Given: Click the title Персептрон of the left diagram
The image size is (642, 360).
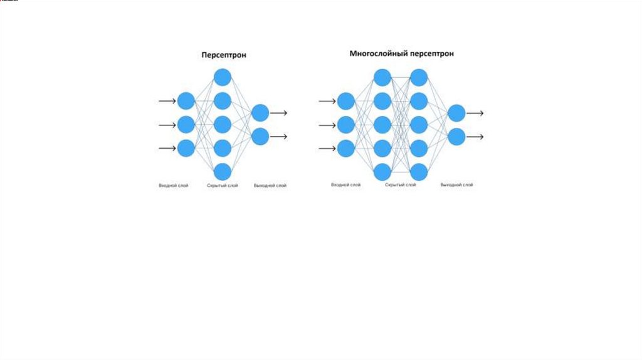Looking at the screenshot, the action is pos(224,55).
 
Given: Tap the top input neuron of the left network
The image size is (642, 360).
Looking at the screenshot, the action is pos(186,101).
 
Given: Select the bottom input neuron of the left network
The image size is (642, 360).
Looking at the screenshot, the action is pos(186,148).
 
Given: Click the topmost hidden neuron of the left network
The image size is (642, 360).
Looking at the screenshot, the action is pos(223,77).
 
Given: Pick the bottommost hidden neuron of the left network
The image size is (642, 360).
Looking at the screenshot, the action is pos(223,171).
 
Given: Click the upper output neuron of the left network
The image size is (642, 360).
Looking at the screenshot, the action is pos(260,113).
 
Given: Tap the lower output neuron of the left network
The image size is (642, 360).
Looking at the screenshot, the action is pos(260,136).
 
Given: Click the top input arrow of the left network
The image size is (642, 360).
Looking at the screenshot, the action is pos(167,101).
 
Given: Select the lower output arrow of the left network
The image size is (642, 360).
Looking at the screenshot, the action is pos(279,136).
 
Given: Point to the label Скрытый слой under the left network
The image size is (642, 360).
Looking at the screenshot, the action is pos(223,186).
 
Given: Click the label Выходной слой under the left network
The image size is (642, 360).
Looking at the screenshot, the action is pos(270,186).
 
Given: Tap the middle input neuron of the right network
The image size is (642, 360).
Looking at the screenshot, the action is pos(346,125).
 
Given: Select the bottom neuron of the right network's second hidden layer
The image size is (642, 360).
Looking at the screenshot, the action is pos(419,171).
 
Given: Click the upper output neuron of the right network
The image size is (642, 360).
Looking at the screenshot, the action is pos(456,113).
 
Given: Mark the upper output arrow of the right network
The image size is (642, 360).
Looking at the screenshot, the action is pos(475,113).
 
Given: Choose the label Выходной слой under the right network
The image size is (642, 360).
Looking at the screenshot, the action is pos(457,185).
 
